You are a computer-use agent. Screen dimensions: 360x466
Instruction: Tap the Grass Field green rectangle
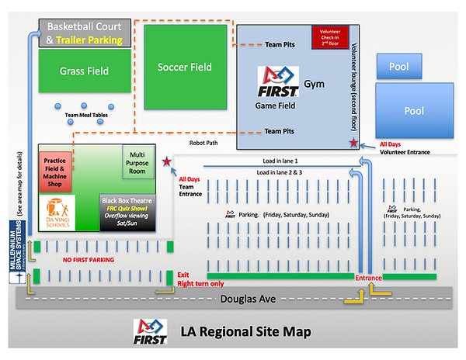[84, 71]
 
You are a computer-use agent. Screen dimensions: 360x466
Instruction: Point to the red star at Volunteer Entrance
[355, 143]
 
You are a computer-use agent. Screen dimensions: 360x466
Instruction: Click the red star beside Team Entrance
[166, 162]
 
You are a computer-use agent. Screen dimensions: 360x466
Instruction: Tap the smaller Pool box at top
[399, 67]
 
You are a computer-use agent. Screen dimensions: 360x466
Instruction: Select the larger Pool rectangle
[414, 111]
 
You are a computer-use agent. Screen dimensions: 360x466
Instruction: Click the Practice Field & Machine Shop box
[54, 171]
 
